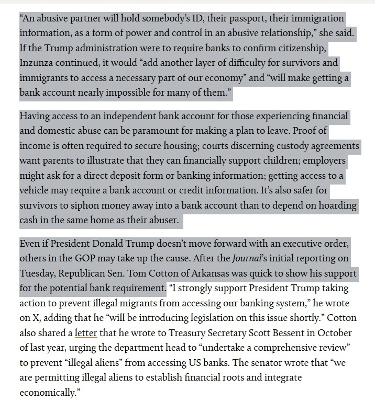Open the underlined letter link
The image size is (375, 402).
click(x=84, y=332)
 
